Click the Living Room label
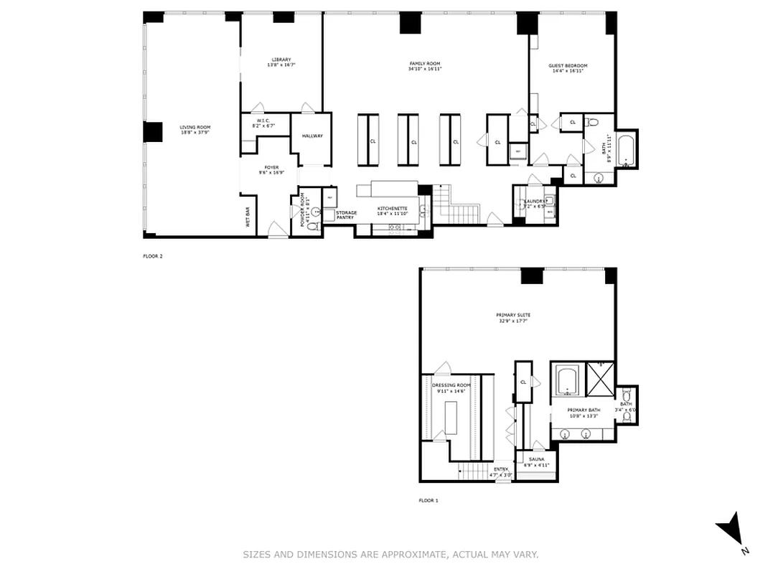pos(189,127)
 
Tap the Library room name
pos(281,60)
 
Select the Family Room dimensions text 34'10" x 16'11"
pos(425,70)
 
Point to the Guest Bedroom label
pos(568,66)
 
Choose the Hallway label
pos(312,136)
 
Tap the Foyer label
pos(271,167)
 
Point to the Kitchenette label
pos(393,208)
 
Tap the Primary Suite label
pos(513,315)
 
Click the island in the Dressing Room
pos(451,418)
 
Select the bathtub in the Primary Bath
pos(568,380)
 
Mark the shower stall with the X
pos(600,377)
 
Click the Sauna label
pos(536,458)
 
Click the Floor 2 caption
pos(153,255)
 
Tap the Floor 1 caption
pos(428,500)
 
